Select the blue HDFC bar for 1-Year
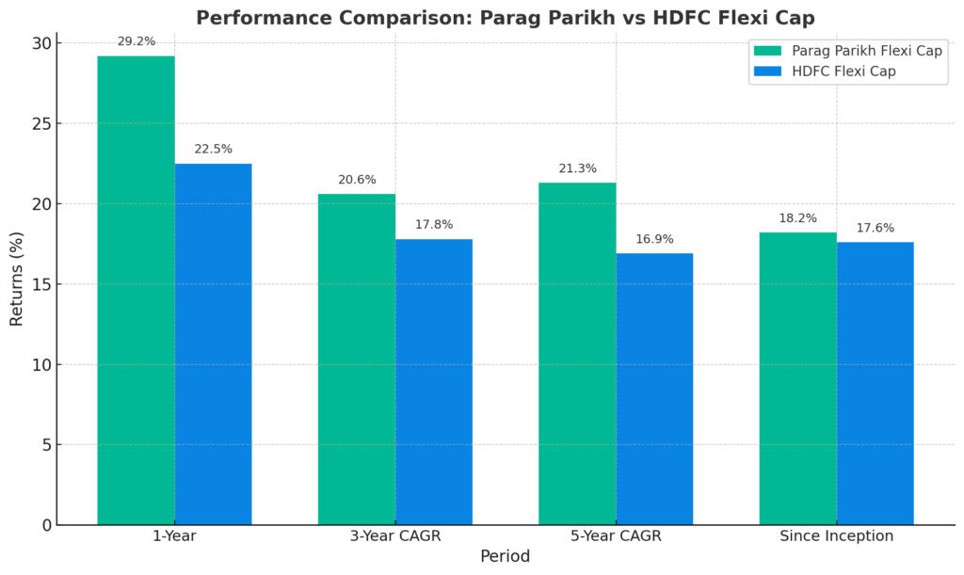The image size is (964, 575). (213, 343)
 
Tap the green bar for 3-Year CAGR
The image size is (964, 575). (356, 359)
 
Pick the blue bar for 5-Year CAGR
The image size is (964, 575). (654, 389)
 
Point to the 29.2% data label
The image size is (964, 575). (136, 41)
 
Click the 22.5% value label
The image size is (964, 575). (213, 149)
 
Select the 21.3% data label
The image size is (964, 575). (577, 168)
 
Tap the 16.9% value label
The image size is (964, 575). (654, 239)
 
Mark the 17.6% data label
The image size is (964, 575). (875, 228)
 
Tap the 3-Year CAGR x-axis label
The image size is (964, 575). (394, 536)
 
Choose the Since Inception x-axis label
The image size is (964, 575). (836, 536)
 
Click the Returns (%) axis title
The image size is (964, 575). (17, 280)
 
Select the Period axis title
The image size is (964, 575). (505, 556)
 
